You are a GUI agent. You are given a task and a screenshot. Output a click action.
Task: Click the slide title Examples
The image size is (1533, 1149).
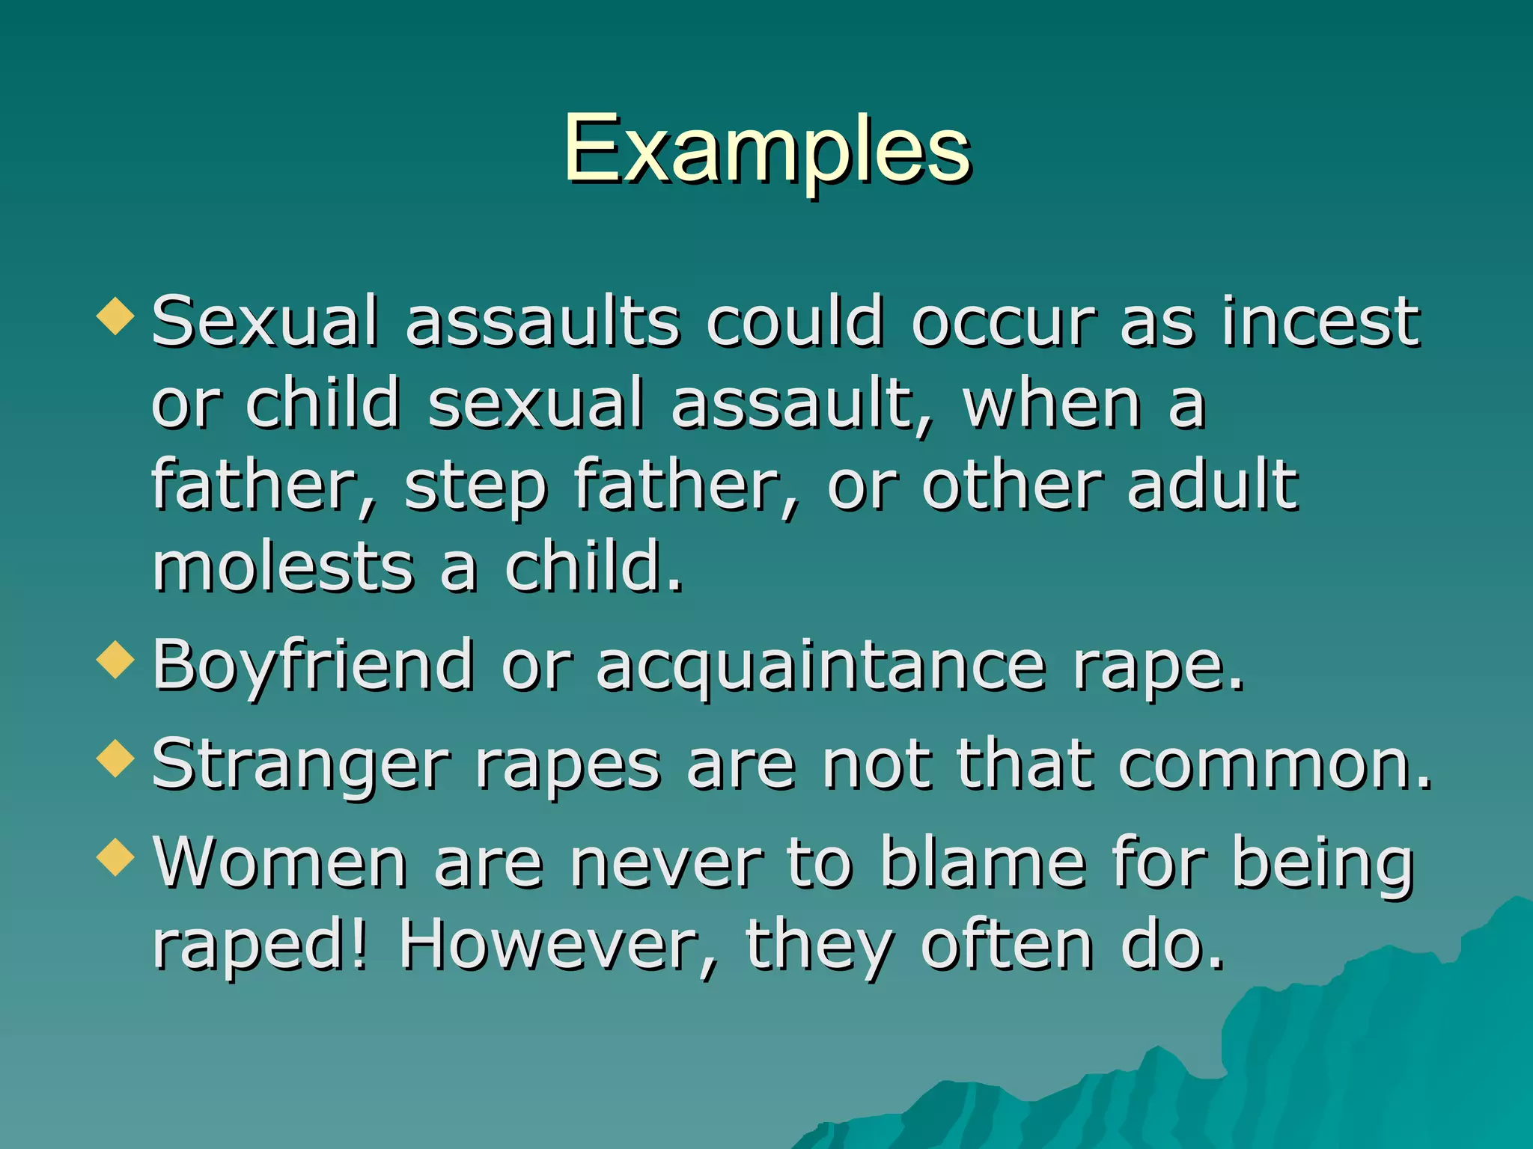point(766,150)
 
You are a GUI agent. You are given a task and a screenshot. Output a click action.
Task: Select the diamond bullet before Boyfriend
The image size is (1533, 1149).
point(115,660)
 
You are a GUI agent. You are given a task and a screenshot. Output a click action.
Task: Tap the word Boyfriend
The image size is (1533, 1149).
point(313,666)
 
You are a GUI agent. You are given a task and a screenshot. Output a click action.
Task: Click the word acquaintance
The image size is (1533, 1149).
point(820,666)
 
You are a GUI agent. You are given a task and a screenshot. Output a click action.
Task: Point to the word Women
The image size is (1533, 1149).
point(280,863)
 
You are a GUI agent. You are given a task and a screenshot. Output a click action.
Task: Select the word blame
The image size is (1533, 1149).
point(982,863)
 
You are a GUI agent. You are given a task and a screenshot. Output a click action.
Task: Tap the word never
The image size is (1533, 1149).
point(665,863)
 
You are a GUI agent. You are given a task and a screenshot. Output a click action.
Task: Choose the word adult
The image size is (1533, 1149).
point(1213,486)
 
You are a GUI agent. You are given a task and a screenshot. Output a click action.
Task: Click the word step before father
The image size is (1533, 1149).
point(476,486)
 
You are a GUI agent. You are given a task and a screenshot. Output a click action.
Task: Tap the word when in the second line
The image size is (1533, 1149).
point(1052,404)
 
